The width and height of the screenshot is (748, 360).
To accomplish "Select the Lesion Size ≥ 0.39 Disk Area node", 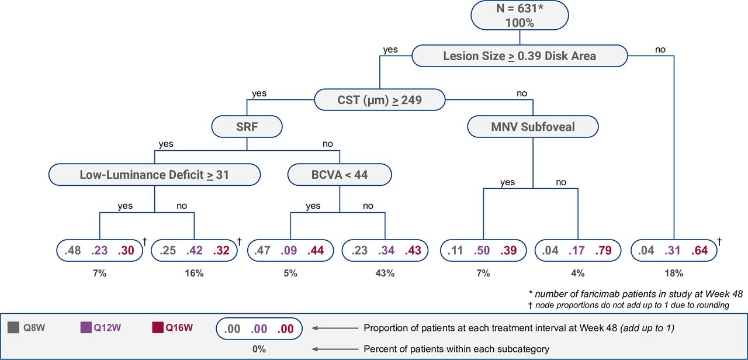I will [x=520, y=56].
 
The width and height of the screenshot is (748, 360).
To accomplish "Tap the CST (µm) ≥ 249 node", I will [x=380, y=99].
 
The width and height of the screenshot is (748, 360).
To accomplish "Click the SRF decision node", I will [x=247, y=126].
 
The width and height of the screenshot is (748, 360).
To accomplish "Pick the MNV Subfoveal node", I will [x=533, y=126].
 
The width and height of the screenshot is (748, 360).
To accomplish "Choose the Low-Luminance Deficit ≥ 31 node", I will [x=154, y=174].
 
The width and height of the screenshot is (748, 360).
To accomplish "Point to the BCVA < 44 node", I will [x=340, y=174].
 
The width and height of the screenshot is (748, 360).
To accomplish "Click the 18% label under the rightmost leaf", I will [x=674, y=273].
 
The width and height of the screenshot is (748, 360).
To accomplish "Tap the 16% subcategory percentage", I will [x=194, y=273].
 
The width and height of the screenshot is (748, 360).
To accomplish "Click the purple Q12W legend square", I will [x=85, y=328].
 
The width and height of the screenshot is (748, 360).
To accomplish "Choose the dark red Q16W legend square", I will [x=158, y=328].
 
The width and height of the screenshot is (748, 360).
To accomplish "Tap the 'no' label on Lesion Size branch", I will [x=660, y=50].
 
